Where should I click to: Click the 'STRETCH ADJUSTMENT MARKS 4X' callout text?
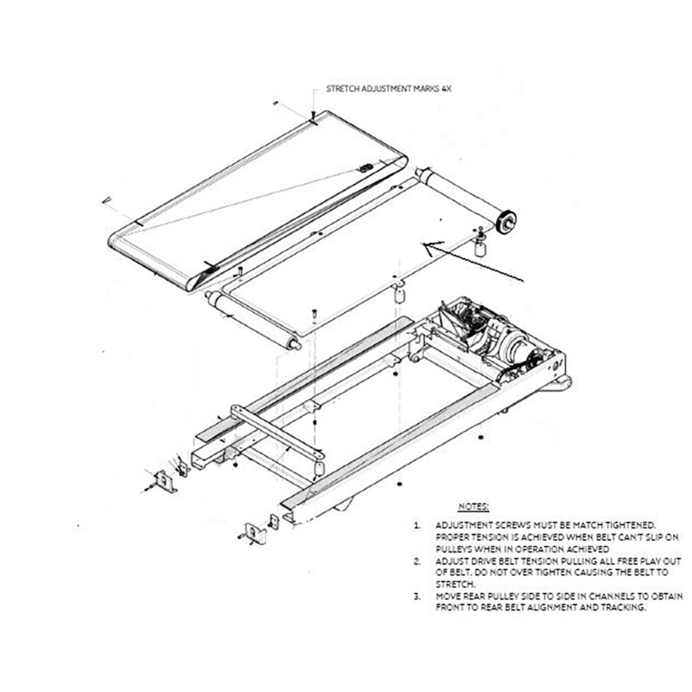(389, 89)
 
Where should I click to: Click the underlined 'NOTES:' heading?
(473, 507)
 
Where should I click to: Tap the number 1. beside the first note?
(417, 526)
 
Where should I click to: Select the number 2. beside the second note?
(417, 561)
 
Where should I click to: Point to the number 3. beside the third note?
(417, 597)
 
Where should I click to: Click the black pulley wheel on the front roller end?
(506, 221)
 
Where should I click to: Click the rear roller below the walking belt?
(253, 320)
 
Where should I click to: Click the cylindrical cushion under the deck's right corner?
(480, 248)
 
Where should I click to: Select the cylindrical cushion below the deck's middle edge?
(399, 294)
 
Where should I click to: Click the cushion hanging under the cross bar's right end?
(318, 468)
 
